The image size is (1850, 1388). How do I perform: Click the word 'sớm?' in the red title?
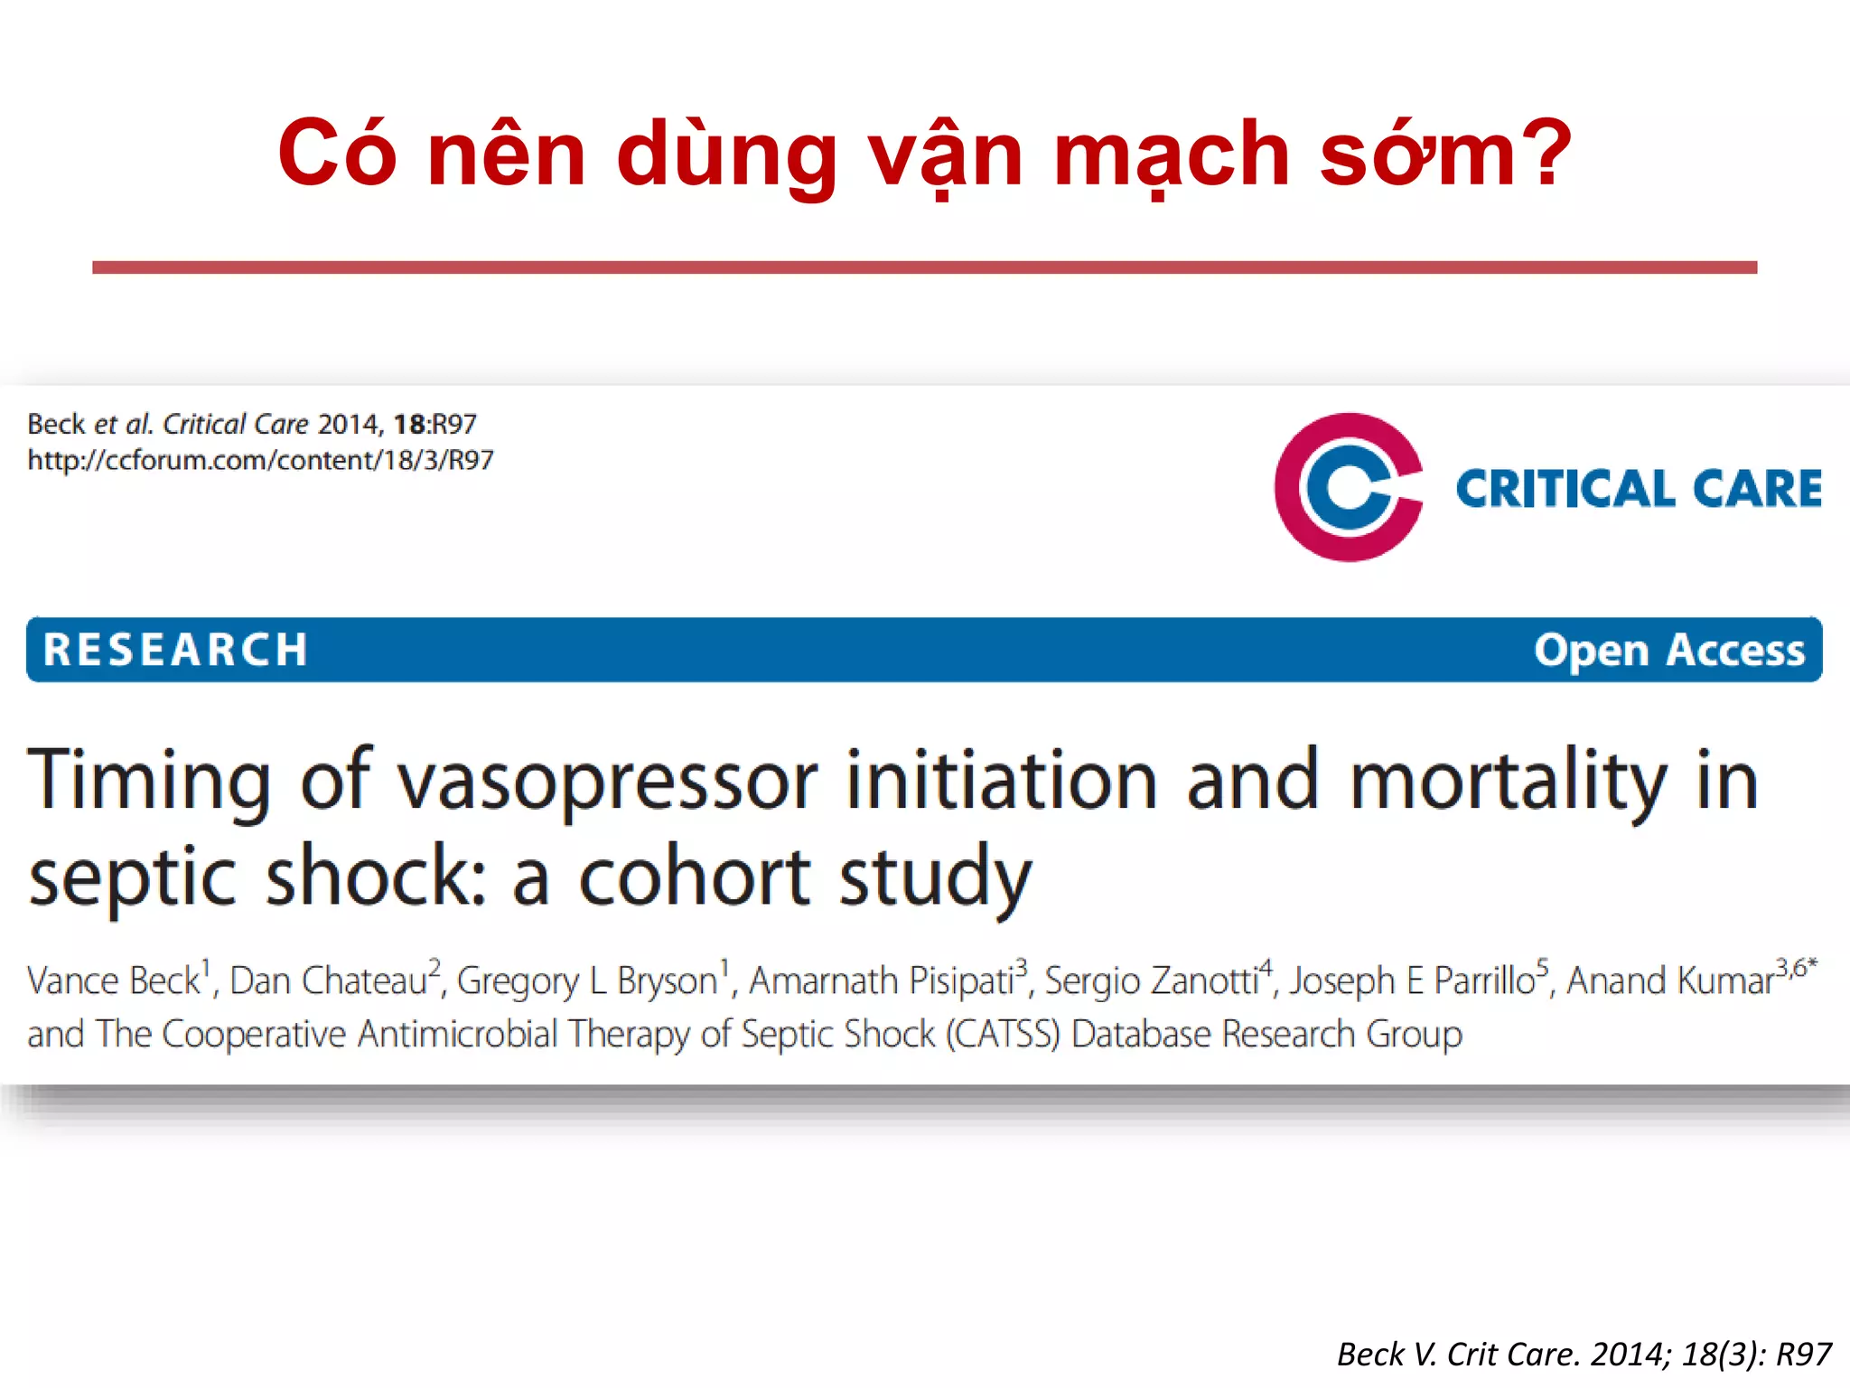coord(1445,155)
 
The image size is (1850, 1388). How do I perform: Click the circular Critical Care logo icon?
coord(1348,487)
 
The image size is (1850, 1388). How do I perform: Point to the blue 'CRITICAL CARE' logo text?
coord(1639,489)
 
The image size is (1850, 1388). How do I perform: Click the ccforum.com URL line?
coord(260,460)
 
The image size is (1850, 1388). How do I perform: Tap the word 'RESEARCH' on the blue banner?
coord(176,650)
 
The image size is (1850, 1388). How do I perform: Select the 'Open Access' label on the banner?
coord(1668,650)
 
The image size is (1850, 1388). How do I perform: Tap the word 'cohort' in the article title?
coord(695,877)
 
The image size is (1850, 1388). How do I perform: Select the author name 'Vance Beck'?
coord(114,980)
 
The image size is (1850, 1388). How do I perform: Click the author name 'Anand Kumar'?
coord(1670,980)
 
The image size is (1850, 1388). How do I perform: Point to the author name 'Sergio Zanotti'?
coord(1151,980)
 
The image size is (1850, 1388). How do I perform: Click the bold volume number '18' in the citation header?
coord(408,424)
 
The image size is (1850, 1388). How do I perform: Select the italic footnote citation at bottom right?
coord(1584,1354)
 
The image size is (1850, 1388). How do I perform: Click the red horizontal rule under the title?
coord(924,267)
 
